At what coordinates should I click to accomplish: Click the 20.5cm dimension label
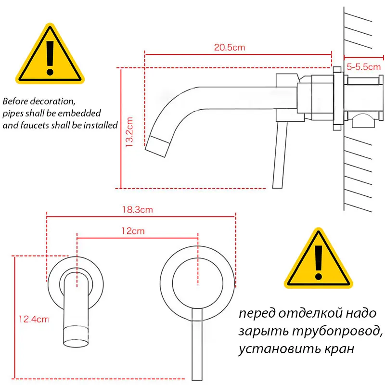(229, 48)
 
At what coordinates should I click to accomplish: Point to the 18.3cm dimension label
(138, 210)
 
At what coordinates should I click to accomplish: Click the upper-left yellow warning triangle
(49, 56)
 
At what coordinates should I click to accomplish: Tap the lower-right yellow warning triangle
(318, 259)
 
